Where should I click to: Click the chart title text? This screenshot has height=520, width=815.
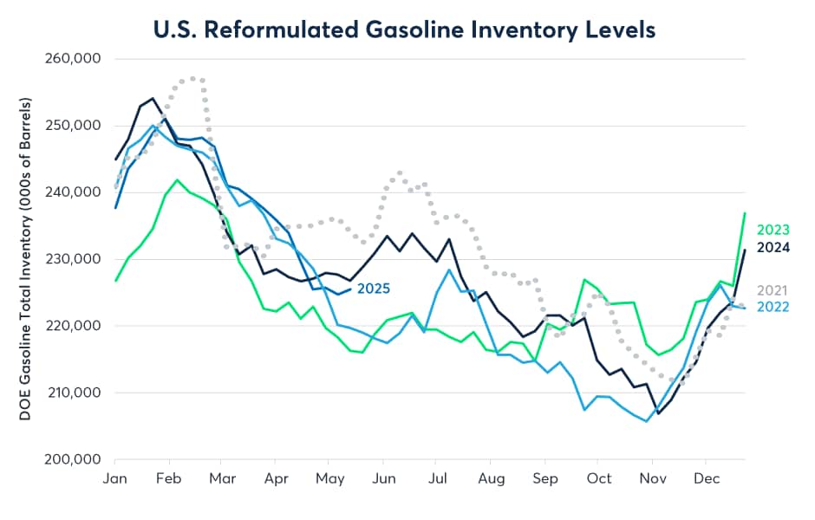click(404, 28)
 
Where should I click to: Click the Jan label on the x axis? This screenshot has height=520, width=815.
click(115, 478)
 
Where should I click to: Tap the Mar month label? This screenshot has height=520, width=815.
click(222, 478)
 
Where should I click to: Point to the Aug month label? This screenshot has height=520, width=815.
click(491, 478)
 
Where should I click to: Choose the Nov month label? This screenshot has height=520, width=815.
click(650, 478)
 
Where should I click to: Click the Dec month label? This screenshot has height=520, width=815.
click(704, 478)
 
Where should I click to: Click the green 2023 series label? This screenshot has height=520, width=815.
click(773, 231)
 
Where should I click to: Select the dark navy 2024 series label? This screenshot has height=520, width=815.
click(773, 247)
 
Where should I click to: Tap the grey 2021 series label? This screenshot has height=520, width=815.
click(773, 290)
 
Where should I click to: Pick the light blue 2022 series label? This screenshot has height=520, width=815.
click(773, 307)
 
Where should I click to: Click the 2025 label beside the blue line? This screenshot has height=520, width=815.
click(374, 289)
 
